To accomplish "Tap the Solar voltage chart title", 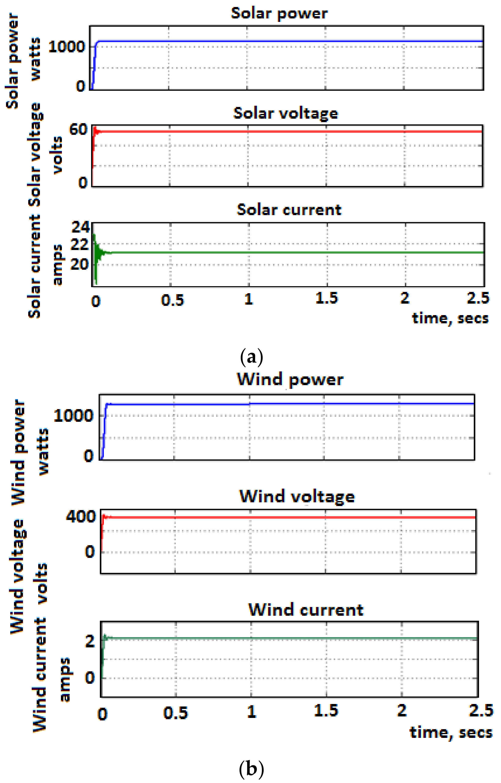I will click(x=286, y=113).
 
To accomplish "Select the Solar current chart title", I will click(x=289, y=210).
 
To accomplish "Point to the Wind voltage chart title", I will click(x=297, y=497).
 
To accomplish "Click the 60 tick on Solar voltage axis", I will click(x=78, y=130).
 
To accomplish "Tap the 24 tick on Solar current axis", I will click(x=80, y=227).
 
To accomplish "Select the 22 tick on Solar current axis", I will click(x=80, y=245).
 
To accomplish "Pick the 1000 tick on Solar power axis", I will click(x=67, y=47).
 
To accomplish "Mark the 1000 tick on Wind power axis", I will click(x=73, y=416).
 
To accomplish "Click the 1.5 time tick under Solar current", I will click(x=327, y=298).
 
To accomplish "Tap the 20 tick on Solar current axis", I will click(x=80, y=264).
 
